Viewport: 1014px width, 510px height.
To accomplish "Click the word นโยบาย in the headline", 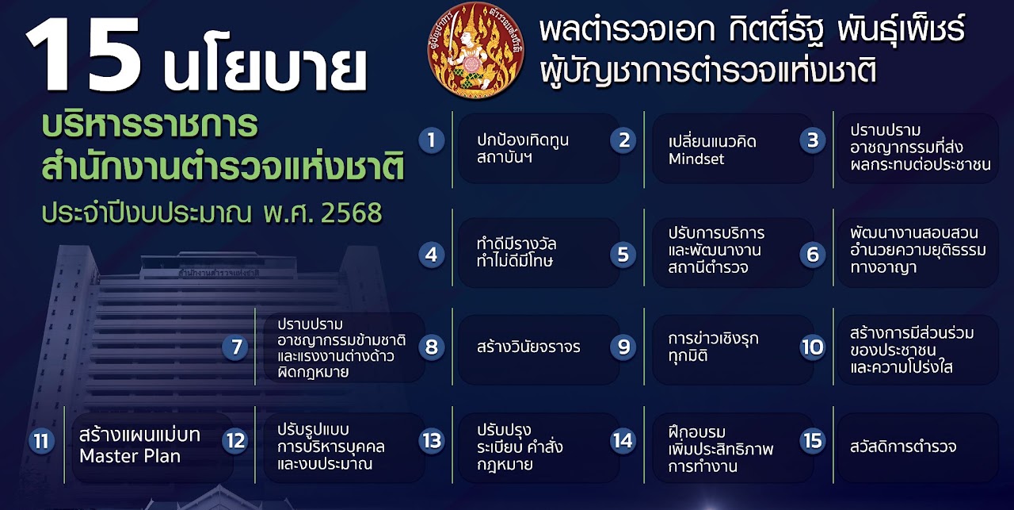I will [x=265, y=69].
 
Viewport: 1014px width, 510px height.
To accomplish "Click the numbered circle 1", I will [x=431, y=140].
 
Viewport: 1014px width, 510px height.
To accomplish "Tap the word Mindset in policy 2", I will [x=696, y=159].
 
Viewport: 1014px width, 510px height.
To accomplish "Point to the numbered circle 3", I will [x=812, y=140].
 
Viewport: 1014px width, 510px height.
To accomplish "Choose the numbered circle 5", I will [x=623, y=255].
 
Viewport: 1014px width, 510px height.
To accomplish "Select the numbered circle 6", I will [x=812, y=255].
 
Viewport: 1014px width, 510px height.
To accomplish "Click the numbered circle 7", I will [x=235, y=347].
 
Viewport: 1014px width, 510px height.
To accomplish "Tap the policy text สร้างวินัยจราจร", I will [x=528, y=347].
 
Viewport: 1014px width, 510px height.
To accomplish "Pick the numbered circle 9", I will [x=623, y=347].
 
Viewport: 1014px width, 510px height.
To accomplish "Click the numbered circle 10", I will [x=813, y=347].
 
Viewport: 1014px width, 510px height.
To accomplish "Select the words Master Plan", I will [x=130, y=456].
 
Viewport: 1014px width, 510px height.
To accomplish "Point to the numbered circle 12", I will [x=235, y=440].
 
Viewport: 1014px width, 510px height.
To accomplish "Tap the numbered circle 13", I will [x=432, y=440].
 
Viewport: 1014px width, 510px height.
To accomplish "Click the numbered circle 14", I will [x=623, y=440].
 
